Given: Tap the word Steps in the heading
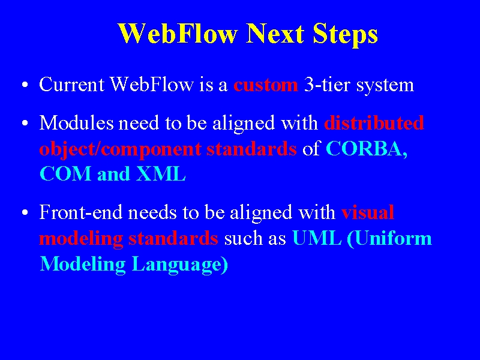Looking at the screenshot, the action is click(x=346, y=34).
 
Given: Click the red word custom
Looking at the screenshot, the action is click(x=265, y=85).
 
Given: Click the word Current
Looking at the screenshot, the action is click(x=71, y=84).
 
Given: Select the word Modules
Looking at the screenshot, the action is click(x=77, y=123).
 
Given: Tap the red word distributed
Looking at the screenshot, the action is click(x=374, y=123).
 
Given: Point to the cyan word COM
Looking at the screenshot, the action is click(x=65, y=173).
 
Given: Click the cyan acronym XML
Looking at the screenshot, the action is click(x=161, y=173).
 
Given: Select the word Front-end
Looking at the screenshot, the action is click(x=81, y=212).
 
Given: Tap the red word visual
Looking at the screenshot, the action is click(x=368, y=212).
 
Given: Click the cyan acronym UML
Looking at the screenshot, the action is click(x=317, y=238).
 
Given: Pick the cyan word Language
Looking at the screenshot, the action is click(x=181, y=265).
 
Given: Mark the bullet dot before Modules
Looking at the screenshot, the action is click(x=25, y=123).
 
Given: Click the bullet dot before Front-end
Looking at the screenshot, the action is click(x=25, y=212).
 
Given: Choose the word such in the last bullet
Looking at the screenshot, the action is click(x=244, y=238).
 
